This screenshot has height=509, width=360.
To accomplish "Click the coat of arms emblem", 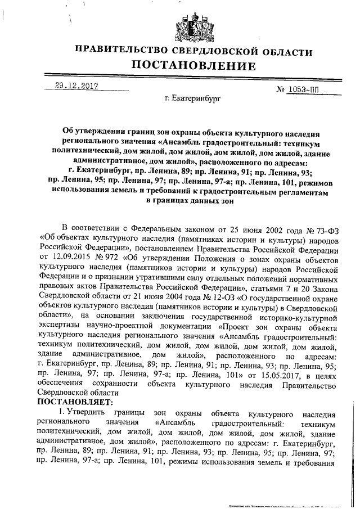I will point(193,26).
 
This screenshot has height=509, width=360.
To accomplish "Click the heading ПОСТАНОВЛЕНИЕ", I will point(193,66).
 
